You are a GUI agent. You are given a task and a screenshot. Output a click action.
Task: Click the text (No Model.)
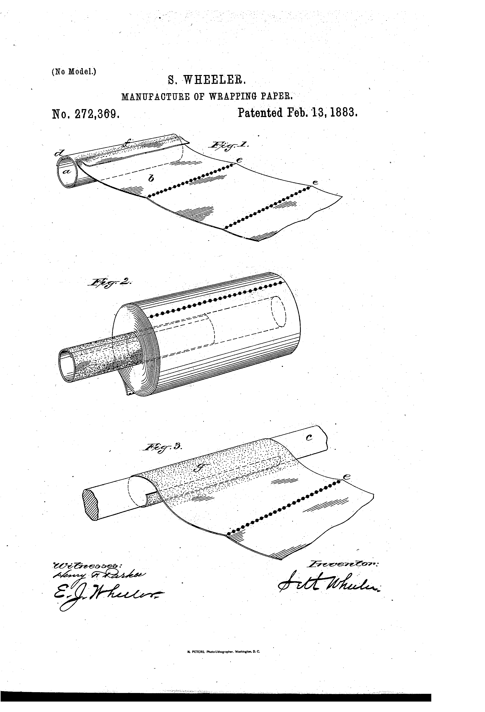[x=74, y=71]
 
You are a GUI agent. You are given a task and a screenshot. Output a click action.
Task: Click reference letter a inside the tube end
[x=67, y=172]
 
